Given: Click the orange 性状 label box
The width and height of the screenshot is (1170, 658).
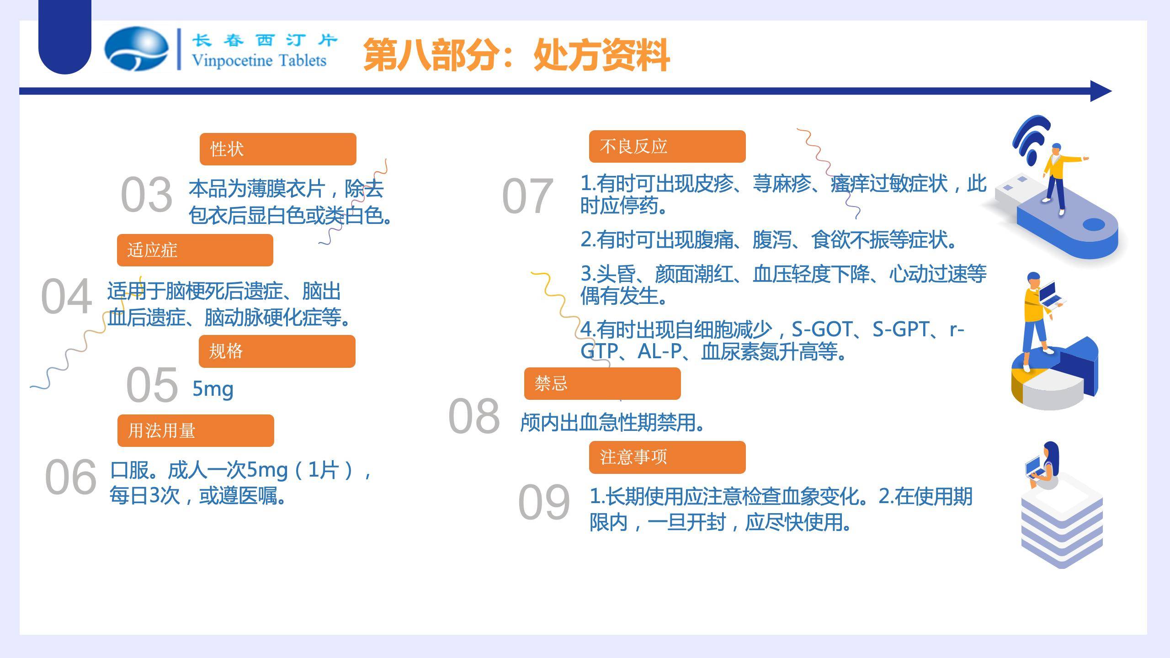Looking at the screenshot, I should [x=278, y=149].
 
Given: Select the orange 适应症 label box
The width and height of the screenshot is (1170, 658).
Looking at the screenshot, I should [x=195, y=250].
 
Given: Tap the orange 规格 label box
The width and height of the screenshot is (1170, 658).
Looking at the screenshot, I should [x=277, y=351].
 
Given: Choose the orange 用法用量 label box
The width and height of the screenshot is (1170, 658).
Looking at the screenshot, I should [x=196, y=430].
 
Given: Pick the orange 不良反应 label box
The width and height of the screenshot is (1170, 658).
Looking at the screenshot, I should [x=667, y=146].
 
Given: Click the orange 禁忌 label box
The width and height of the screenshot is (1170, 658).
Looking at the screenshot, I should [x=602, y=383].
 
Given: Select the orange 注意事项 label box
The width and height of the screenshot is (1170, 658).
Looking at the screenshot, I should [x=667, y=457].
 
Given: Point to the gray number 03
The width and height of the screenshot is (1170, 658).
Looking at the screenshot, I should [x=146, y=195].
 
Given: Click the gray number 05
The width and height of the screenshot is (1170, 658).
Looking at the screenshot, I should [x=152, y=385].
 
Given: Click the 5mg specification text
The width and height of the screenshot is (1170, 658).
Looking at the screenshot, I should [x=213, y=389].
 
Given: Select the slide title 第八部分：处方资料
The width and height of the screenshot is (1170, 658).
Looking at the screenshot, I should [x=516, y=55].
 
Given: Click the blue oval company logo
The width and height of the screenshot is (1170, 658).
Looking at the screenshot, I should [x=136, y=49].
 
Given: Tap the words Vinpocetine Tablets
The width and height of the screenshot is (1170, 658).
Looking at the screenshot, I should [x=259, y=60].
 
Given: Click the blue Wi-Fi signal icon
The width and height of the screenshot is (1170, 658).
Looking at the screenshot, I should [x=1031, y=139].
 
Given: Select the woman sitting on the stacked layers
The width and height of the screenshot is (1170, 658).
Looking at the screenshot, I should [x=1045, y=466].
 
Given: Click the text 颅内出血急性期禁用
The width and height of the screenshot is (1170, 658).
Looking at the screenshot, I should [x=612, y=423].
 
